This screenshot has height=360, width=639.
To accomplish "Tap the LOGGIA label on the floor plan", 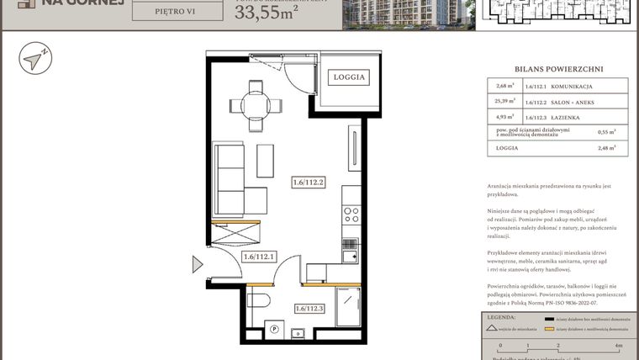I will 349,77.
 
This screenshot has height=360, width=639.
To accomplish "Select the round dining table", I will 256,105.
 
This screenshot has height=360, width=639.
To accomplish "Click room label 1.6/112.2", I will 309,181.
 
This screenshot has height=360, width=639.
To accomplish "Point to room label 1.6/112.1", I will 260,257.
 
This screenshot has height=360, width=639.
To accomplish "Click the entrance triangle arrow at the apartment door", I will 198,265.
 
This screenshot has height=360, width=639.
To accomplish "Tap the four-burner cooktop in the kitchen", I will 351,215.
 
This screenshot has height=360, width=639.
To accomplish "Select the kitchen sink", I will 351,250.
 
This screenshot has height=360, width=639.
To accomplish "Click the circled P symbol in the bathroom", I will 274,330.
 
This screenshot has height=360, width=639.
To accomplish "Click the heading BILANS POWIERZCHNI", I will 558,70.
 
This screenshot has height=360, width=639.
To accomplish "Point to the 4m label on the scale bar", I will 618,346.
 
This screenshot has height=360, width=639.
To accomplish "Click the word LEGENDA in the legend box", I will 501,318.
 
